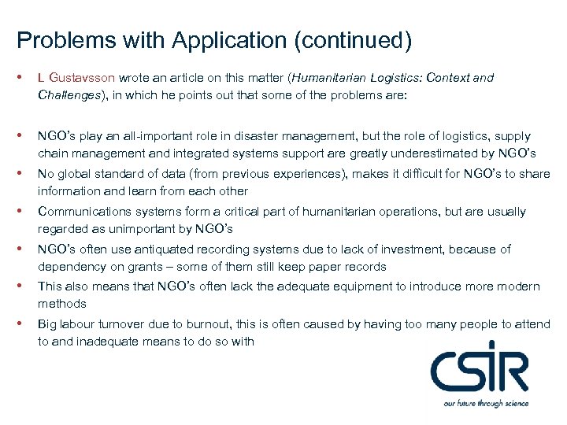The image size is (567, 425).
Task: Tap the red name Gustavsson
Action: click(x=82, y=78)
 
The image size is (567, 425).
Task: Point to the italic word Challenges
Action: click(x=68, y=95)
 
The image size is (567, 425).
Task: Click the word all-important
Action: click(x=151, y=136)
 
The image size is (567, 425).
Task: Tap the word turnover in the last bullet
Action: click(x=128, y=324)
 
